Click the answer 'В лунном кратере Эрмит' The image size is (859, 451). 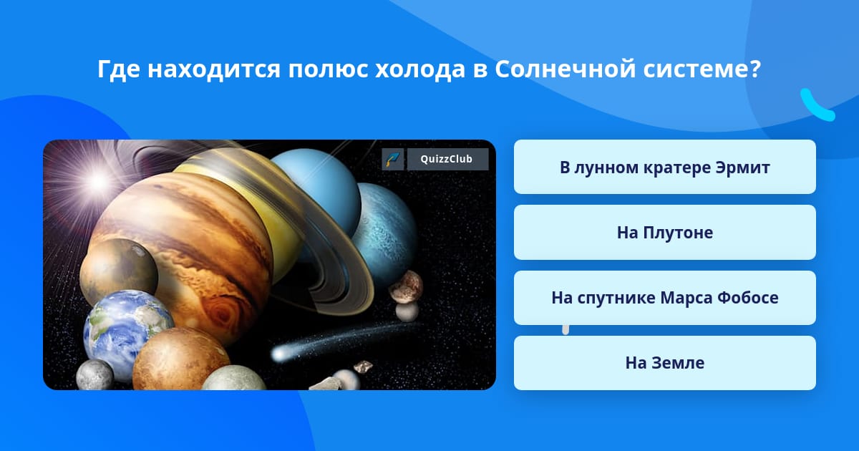click(664, 167)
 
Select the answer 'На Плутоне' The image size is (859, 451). click(664, 233)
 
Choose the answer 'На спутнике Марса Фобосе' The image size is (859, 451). click(664, 298)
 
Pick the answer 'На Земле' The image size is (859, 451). click(664, 363)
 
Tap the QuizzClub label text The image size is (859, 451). click(447, 159)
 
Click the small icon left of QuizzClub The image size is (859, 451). click(393, 159)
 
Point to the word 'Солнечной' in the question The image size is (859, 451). click(565, 69)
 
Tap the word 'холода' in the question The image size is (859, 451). click(419, 69)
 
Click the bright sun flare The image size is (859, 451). click(98, 181)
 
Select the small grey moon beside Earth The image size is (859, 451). click(94, 375)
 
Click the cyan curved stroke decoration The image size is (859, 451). click(816, 106)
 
